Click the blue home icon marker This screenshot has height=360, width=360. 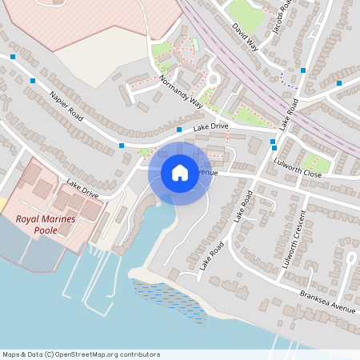180,173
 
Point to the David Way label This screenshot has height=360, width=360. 246,38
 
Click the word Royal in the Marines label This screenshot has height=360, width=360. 32,219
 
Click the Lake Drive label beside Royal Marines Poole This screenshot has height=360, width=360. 82,189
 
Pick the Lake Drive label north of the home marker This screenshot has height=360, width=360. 210,126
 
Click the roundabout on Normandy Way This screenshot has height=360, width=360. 214,79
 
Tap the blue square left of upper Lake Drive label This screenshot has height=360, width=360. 178,130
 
